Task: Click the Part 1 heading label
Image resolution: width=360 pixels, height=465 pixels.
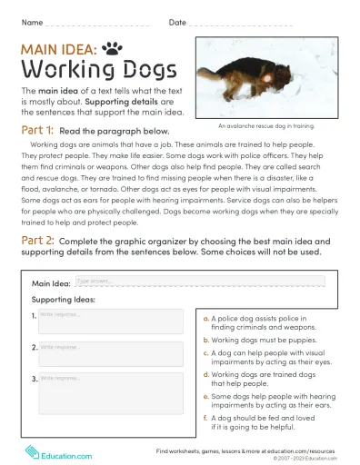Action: click(x=37, y=131)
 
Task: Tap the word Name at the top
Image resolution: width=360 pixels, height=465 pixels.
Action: click(x=31, y=21)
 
